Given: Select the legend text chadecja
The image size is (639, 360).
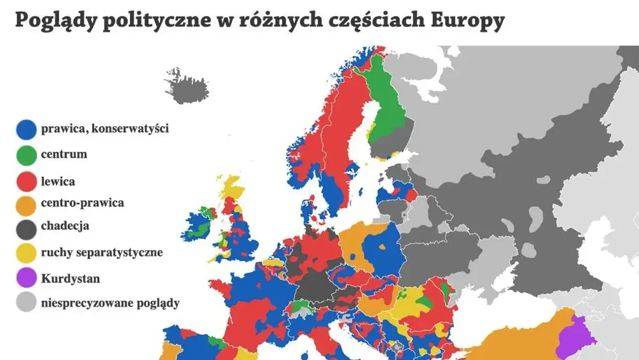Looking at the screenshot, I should [65, 226].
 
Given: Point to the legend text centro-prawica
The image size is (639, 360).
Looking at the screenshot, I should [83, 203].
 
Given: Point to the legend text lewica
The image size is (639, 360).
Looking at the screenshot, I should [58, 182].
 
